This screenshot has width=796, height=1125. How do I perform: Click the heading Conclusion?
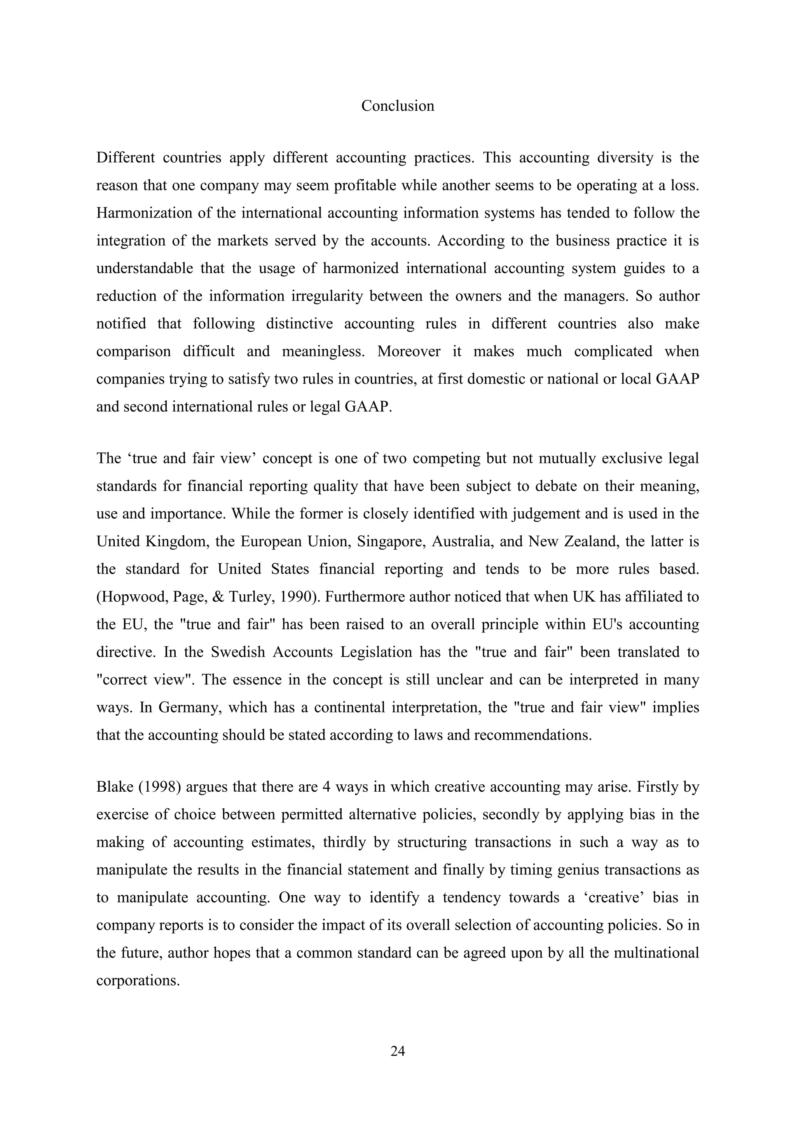tap(398, 106)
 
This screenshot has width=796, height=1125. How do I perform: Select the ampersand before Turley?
tap(227, 597)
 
